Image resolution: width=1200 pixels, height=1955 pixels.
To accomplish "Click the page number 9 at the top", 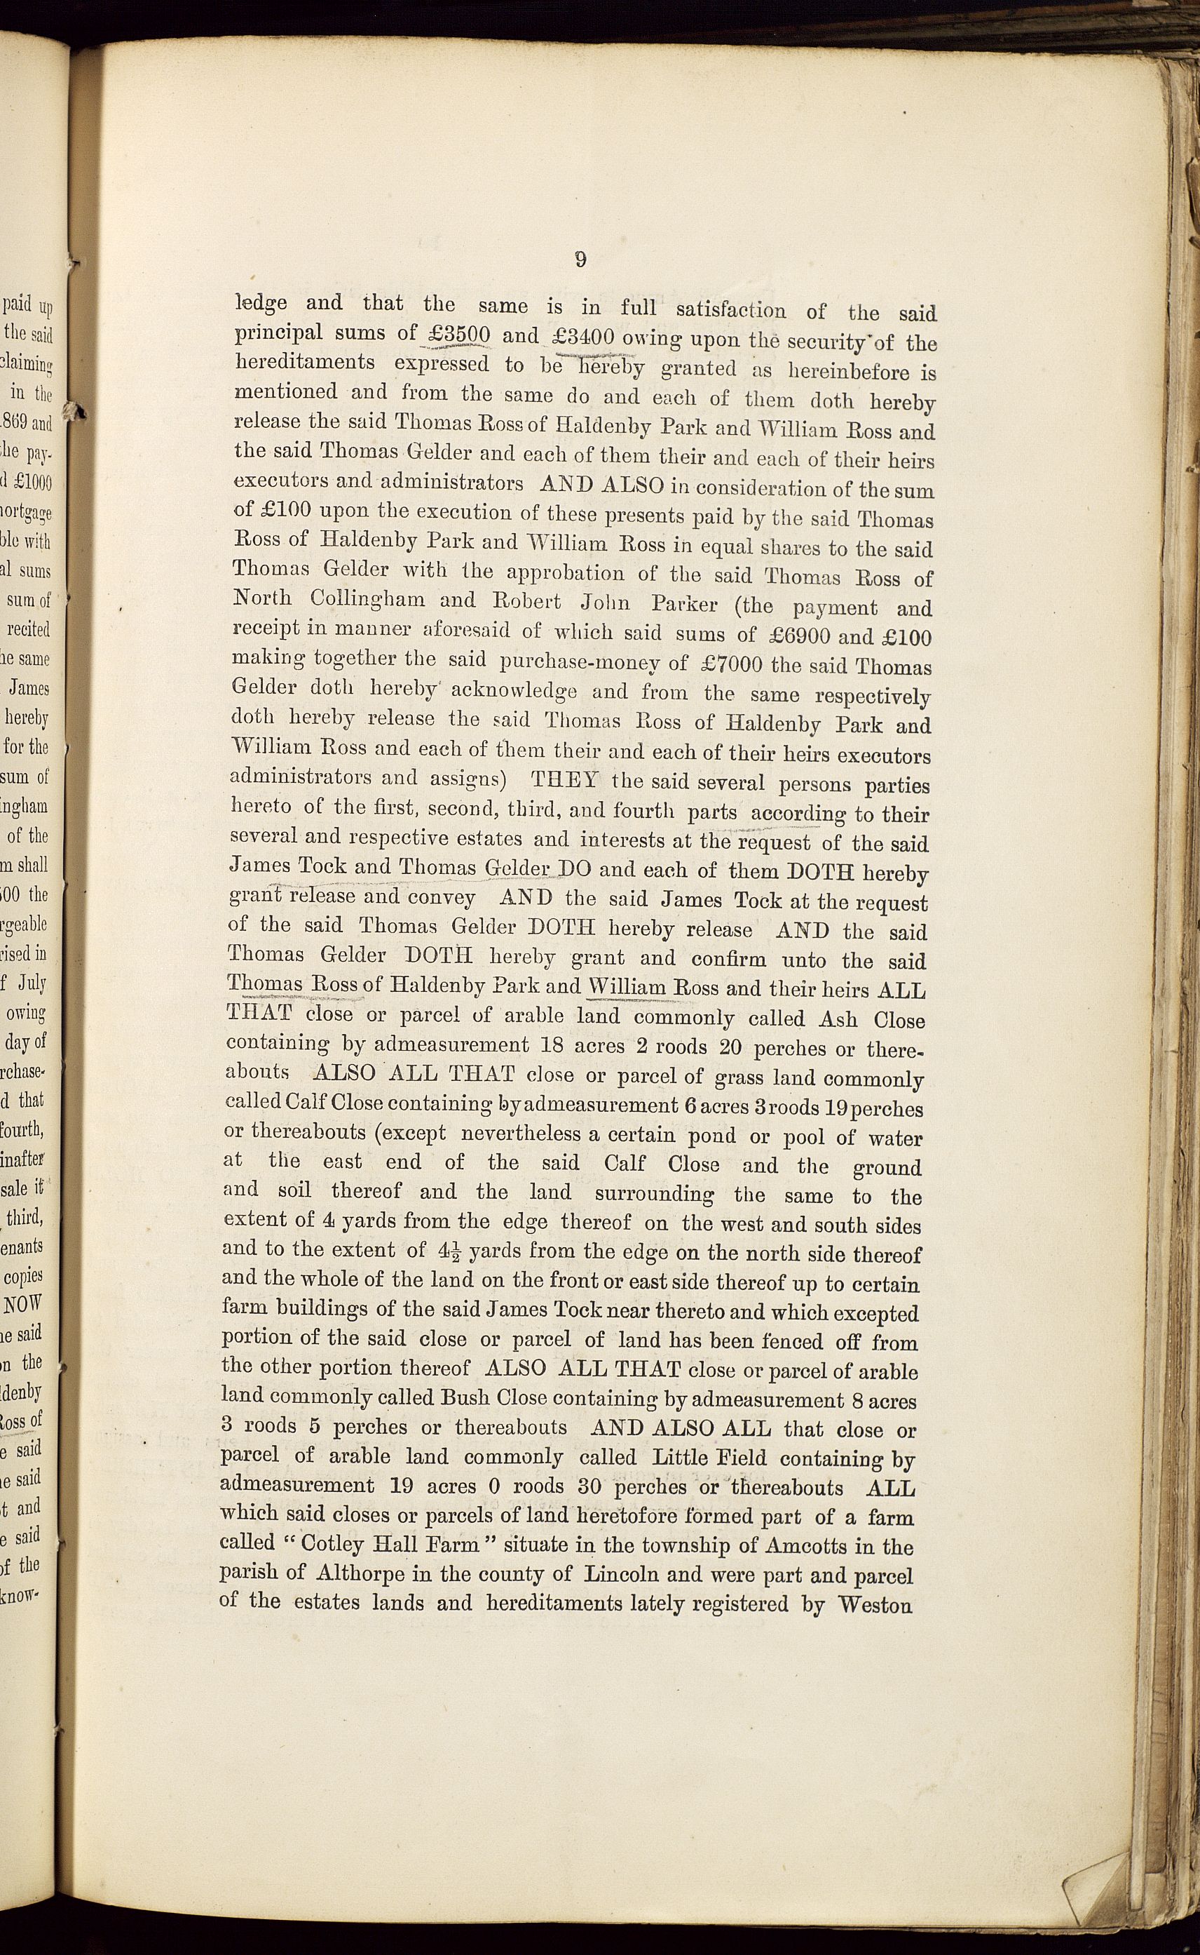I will pyautogui.click(x=580, y=260).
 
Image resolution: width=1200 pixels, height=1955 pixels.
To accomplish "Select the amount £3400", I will pyautogui.click(x=582, y=337).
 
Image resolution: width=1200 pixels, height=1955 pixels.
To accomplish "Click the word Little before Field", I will pyautogui.click(x=686, y=1458).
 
